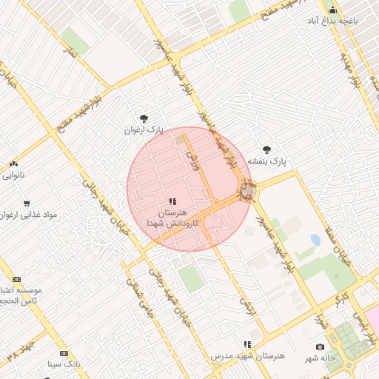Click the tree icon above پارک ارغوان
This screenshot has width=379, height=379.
pyautogui.click(x=144, y=118)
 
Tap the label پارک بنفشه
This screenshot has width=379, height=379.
pyautogui.click(x=266, y=161)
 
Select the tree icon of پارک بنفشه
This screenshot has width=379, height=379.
pyautogui.click(x=266, y=150)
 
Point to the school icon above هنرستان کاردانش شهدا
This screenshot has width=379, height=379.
pyautogui.click(x=172, y=201)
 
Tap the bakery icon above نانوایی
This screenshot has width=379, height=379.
pyautogui.click(x=13, y=164)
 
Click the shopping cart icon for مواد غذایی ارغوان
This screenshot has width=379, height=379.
pyautogui.click(x=27, y=203)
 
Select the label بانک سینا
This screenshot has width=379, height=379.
pyautogui.click(x=63, y=365)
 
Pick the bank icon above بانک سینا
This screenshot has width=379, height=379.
pyautogui.click(x=64, y=353)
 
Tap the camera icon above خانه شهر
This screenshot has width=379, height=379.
pyautogui.click(x=320, y=346)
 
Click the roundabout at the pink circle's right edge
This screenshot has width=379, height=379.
pyautogui.click(x=247, y=192)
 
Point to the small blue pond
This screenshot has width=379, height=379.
pyautogui.click(x=316, y=241)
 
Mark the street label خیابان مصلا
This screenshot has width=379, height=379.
pyautogui.click(x=343, y=250)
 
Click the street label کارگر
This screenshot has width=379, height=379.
pyautogui.click(x=340, y=298)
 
